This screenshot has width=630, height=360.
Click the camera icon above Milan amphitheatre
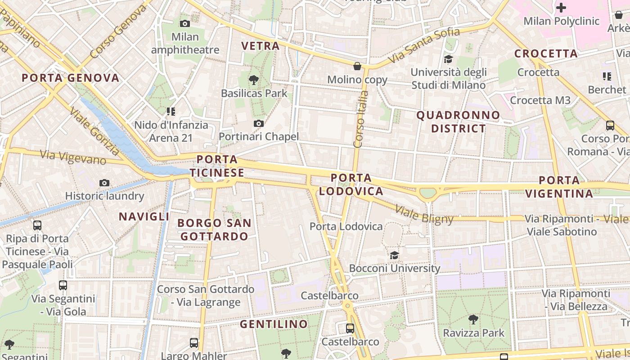(x=184, y=23)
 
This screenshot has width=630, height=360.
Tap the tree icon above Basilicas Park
(x=254, y=80)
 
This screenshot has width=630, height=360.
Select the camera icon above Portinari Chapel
(x=258, y=123)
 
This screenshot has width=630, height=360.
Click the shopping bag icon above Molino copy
(x=357, y=66)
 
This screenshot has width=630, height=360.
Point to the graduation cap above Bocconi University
(x=394, y=255)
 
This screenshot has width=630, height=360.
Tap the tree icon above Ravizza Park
(x=473, y=319)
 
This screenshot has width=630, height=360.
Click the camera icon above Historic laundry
(x=104, y=183)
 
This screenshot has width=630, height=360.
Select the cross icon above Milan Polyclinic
(x=561, y=8)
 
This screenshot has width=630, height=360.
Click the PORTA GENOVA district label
(x=71, y=78)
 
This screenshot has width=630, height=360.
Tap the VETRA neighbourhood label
(x=261, y=46)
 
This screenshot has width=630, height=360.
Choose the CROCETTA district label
(x=546, y=54)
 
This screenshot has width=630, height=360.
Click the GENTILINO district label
(x=274, y=324)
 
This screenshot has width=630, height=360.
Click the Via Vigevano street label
(x=73, y=157)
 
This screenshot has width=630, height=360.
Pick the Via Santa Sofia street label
(x=424, y=45)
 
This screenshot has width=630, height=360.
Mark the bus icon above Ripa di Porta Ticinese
(x=37, y=225)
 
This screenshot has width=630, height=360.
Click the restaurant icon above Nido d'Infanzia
(x=171, y=111)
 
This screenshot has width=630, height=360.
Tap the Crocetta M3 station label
(x=540, y=100)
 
